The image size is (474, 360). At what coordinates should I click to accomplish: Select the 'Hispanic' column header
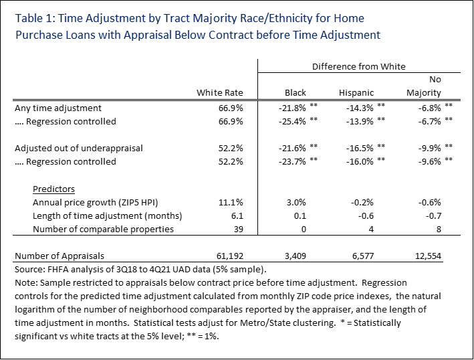click(356, 92)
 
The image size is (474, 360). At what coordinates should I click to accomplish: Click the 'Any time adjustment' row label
click(58, 107)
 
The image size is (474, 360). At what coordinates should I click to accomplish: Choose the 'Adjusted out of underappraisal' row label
click(79, 148)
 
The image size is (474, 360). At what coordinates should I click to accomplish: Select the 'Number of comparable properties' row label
click(103, 229)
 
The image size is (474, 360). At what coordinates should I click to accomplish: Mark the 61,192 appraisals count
click(227, 256)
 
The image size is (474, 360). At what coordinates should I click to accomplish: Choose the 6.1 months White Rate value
click(236, 215)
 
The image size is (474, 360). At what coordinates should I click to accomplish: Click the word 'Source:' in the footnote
click(29, 269)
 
